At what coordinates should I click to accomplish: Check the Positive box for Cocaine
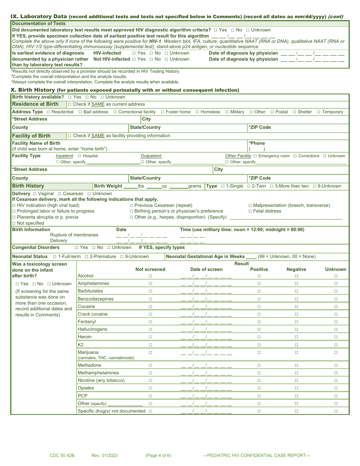tap(259, 306)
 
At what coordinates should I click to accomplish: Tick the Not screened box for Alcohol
tap(150, 276)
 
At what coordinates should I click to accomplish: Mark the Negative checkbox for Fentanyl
tap(296, 322)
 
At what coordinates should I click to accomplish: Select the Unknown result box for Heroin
tap(335, 337)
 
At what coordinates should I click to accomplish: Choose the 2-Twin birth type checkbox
tap(249, 186)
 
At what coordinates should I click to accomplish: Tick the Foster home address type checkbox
tap(163, 112)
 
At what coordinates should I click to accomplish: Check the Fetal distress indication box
tap(250, 211)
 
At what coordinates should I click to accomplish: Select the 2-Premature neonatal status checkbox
tap(86, 256)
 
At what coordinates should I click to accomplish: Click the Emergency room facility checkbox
tap(255, 156)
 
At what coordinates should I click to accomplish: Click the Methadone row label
tap(89, 365)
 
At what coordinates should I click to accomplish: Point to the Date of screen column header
tap(206, 269)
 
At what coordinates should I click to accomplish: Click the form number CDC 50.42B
tap(62, 455)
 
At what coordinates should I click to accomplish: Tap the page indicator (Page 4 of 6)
tap(158, 455)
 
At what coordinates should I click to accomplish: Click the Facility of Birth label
tap(31, 136)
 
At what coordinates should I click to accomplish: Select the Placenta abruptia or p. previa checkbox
tap(14, 217)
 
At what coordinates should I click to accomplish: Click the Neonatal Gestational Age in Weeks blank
tap(251, 256)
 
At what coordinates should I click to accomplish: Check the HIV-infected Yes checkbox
tap(134, 53)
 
